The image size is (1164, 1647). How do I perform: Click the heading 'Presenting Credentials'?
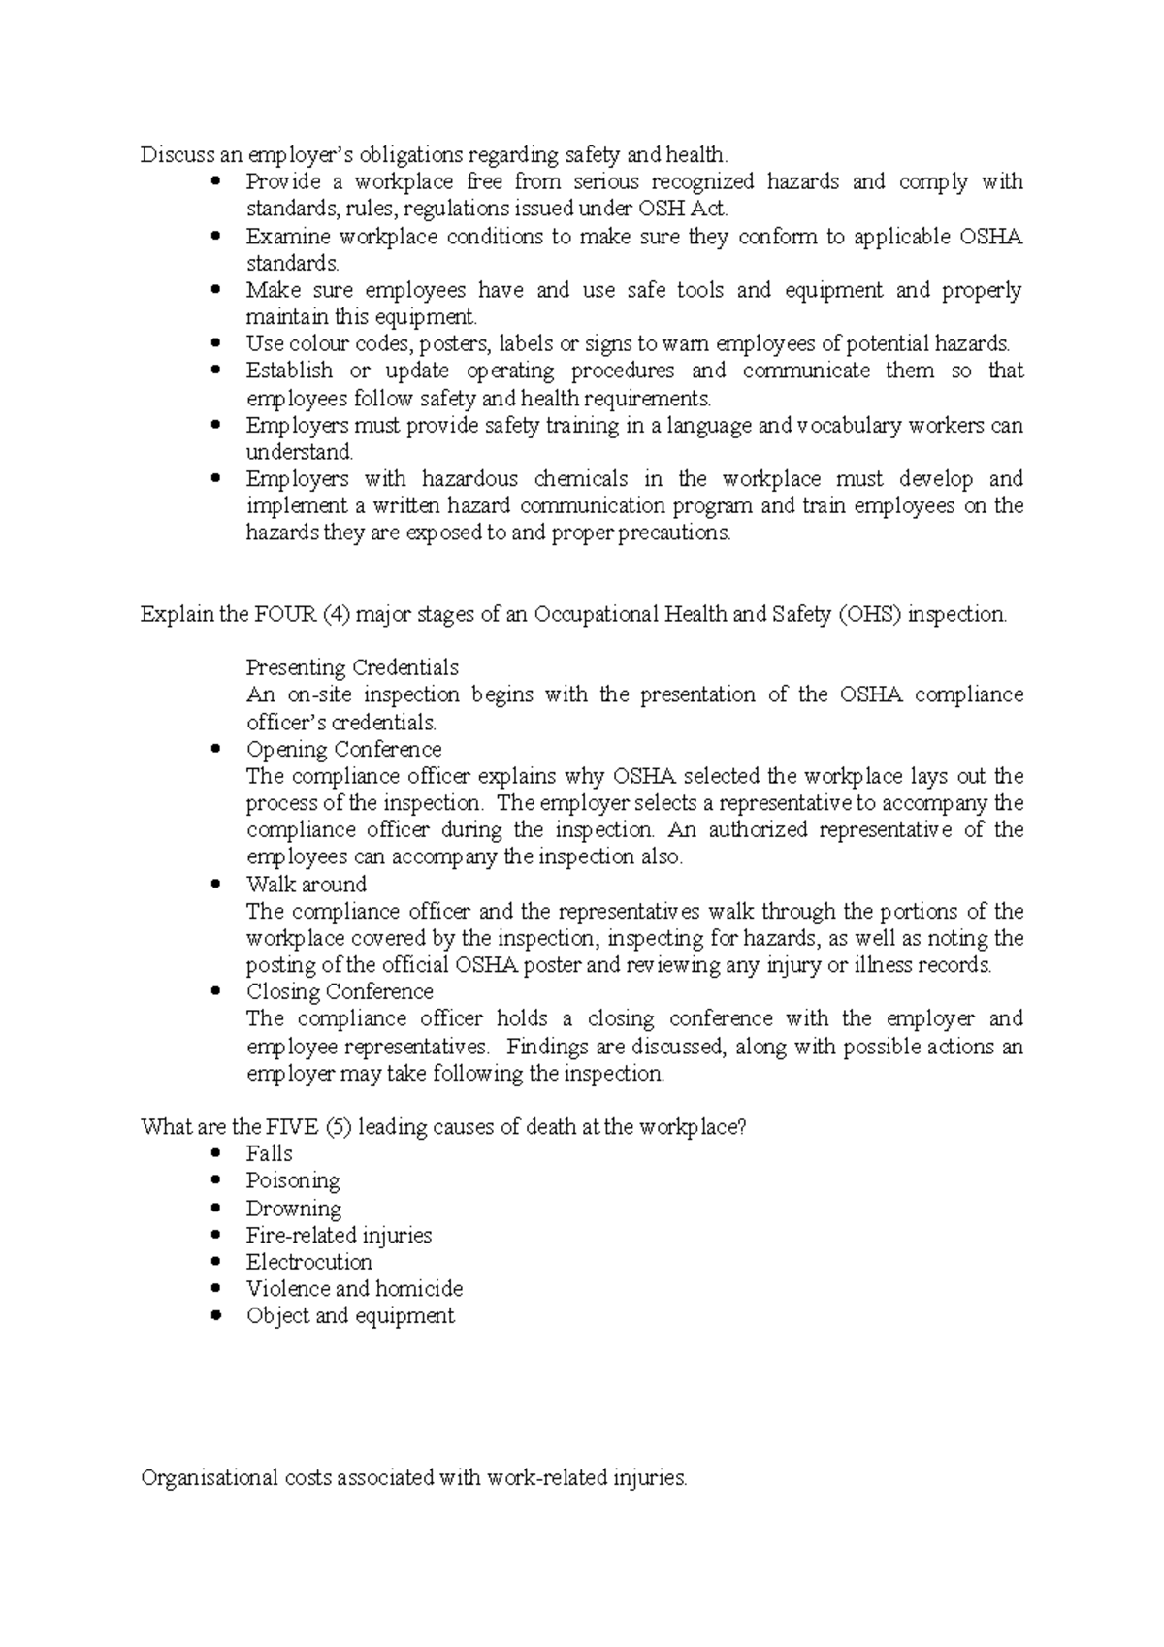351,668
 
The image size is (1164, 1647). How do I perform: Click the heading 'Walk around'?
306,885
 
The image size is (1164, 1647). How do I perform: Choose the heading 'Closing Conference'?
339,992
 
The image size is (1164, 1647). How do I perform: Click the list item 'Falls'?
269,1154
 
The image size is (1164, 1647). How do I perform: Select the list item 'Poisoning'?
292,1181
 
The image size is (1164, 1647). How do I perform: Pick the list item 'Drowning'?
293,1209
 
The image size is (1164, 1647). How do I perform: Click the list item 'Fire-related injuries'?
339,1236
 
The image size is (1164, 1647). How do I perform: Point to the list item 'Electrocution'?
308,1263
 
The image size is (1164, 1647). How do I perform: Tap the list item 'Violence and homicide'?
354,1289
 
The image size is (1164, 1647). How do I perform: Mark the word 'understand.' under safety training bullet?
300,452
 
